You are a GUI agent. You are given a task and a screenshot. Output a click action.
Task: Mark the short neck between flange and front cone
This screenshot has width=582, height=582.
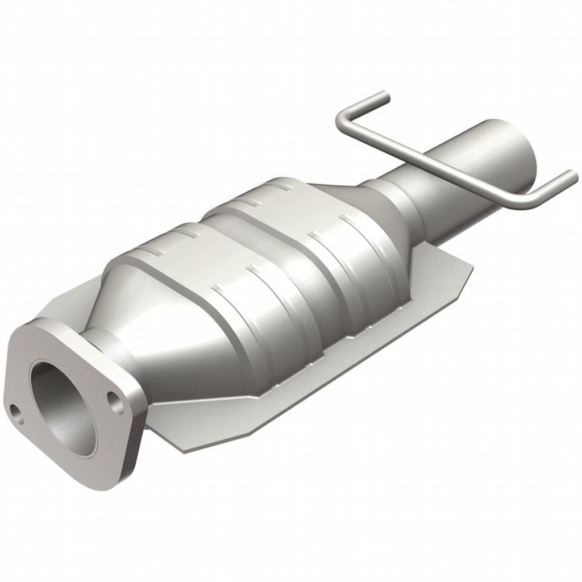(91, 341)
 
